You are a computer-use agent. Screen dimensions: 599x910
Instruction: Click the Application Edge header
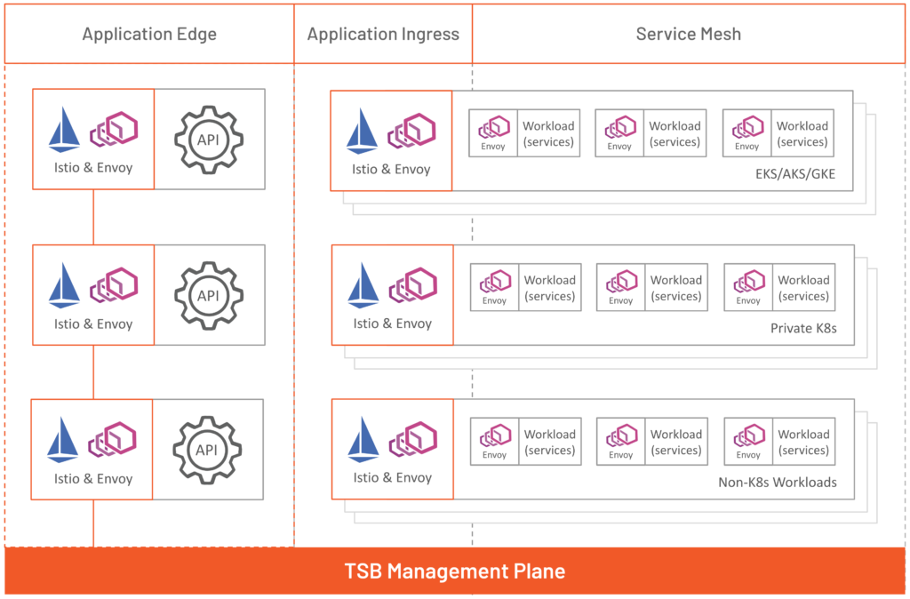point(149,35)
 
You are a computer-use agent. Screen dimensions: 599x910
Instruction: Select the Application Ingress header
point(383,35)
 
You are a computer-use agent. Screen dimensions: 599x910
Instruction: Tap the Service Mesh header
point(688,35)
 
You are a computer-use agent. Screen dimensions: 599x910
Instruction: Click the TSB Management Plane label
point(454,571)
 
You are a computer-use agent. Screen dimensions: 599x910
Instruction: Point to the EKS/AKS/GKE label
point(793,174)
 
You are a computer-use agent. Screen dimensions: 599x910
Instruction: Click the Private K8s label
point(803,329)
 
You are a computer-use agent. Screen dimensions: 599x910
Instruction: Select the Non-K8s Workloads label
point(778,483)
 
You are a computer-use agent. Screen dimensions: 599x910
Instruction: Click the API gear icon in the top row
point(209,140)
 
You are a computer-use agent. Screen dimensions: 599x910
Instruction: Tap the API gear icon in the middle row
point(208,295)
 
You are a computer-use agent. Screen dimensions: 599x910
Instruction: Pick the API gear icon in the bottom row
point(207,450)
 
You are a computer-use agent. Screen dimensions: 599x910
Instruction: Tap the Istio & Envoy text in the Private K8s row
point(392,323)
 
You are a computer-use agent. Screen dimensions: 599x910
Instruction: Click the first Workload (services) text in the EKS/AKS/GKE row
point(548,134)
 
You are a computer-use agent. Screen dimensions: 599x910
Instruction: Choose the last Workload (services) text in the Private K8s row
point(803,288)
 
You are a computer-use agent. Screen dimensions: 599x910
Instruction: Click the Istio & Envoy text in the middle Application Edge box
point(93,323)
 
